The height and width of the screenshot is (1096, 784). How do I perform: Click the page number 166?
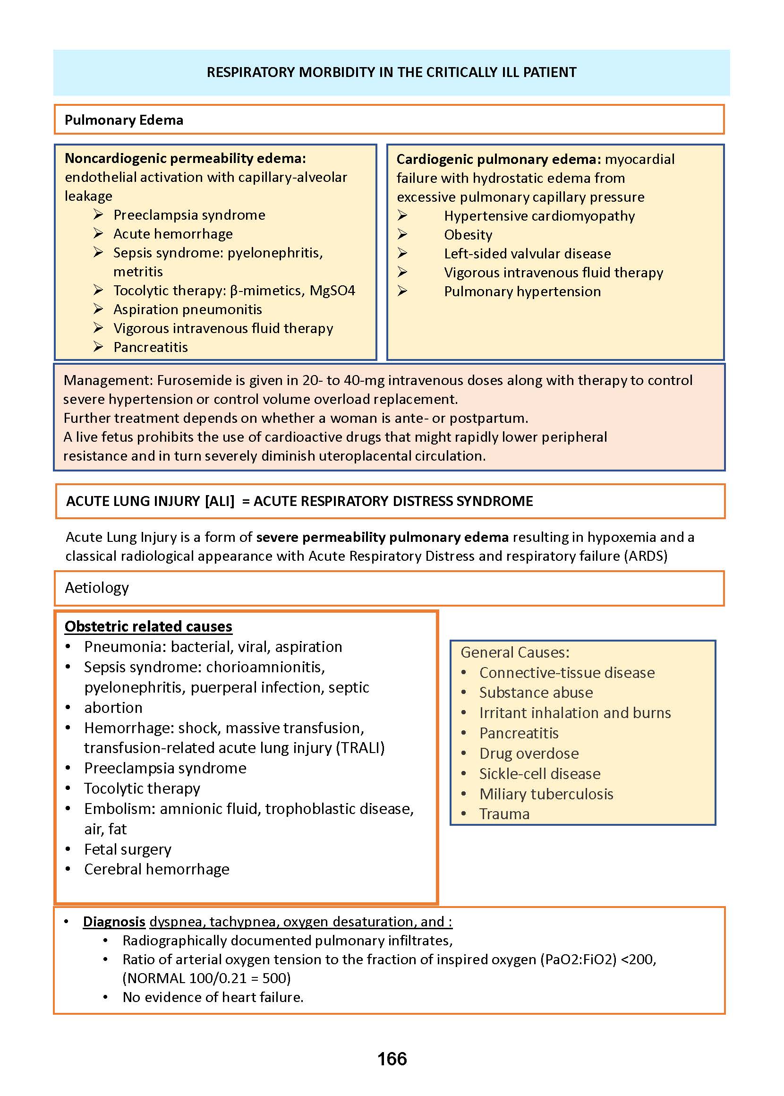[392, 1059]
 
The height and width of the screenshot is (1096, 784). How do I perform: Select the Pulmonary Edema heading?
[124, 120]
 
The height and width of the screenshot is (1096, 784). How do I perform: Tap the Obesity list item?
[468, 235]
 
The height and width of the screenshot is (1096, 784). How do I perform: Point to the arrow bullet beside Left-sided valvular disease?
[402, 254]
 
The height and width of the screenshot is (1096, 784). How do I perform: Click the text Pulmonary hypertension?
[522, 291]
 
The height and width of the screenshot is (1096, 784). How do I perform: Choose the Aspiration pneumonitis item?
[187, 309]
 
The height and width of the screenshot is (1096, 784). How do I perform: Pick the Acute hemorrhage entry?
[173, 234]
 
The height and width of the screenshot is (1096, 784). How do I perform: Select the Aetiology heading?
[97, 588]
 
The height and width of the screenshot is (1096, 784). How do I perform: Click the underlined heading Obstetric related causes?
[148, 627]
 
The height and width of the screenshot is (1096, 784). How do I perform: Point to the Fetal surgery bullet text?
[128, 849]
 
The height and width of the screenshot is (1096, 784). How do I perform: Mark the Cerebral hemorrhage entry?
[156, 870]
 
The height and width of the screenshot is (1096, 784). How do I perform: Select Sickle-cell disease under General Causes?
[539, 774]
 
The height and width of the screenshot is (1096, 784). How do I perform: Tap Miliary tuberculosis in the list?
[545, 794]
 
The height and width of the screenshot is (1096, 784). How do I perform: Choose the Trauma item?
[504, 814]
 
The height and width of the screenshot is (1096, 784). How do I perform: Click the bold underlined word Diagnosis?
[114, 922]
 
